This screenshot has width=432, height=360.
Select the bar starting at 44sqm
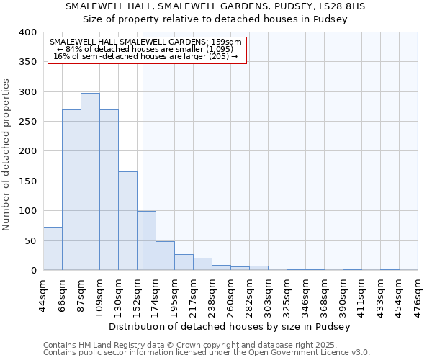click(x=53, y=248)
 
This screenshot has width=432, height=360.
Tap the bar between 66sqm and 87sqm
click(x=71, y=190)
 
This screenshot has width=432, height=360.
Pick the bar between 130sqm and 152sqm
click(x=127, y=220)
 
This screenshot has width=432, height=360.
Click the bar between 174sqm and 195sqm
click(x=165, y=256)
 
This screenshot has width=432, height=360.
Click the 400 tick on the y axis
click(x=27, y=32)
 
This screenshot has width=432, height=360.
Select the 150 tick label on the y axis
click(x=27, y=181)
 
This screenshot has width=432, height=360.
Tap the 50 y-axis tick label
click(x=30, y=240)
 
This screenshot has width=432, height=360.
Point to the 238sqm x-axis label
click(x=212, y=295)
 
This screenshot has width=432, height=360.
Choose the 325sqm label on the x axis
click(x=287, y=295)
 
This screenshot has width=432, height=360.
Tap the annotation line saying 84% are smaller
click(x=147, y=49)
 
